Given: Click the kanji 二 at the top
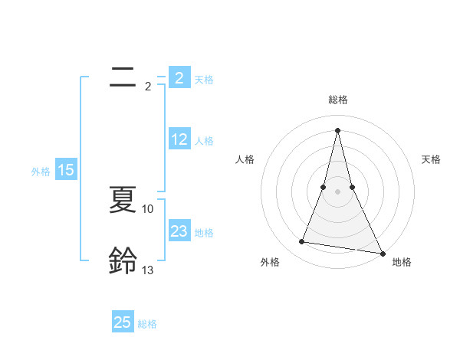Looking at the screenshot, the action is pyautogui.click(x=123, y=77).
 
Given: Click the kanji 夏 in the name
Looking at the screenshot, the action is pyautogui.click(x=123, y=200).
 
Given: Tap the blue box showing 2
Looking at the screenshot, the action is pyautogui.click(x=179, y=78).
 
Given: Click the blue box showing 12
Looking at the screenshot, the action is pyautogui.click(x=179, y=139).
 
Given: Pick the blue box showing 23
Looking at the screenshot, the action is pyautogui.click(x=179, y=231).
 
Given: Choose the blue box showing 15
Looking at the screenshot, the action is pyautogui.click(x=66, y=170).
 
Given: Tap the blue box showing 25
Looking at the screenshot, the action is pyautogui.click(x=123, y=322).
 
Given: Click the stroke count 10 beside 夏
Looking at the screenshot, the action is pyautogui.click(x=148, y=208).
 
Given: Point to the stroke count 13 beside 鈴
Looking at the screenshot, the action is pyautogui.click(x=148, y=270).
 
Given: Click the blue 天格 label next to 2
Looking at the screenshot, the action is pyautogui.click(x=204, y=79).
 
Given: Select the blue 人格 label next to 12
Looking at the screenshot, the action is pyautogui.click(x=204, y=141).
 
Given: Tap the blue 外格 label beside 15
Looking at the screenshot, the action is pyautogui.click(x=41, y=172).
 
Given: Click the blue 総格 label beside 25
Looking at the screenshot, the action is pyautogui.click(x=147, y=324).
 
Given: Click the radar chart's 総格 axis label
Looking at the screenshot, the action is pyautogui.click(x=337, y=100).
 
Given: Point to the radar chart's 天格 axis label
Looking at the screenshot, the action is pyautogui.click(x=431, y=159).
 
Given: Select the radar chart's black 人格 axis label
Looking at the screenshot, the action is pyautogui.click(x=245, y=159).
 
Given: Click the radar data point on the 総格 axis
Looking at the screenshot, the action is pyautogui.click(x=337, y=129).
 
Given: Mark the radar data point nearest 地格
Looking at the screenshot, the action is pyautogui.click(x=383, y=254).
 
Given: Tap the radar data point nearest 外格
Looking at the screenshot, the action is pyautogui.click(x=301, y=242).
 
